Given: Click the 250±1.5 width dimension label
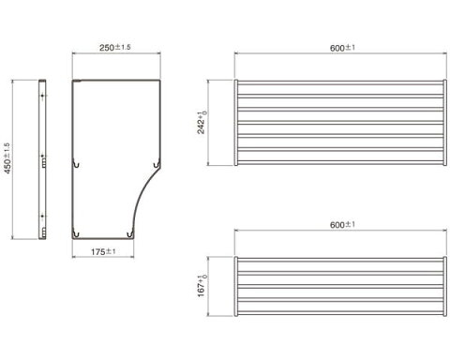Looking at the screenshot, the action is [x=115, y=48].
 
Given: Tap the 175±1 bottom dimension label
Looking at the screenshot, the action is [x=103, y=251].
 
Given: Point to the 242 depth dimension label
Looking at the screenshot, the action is [x=202, y=122].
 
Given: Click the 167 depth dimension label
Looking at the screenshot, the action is [x=202, y=286].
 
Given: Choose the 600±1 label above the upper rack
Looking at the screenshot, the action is [x=342, y=48].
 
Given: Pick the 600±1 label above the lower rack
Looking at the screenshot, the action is [x=342, y=225].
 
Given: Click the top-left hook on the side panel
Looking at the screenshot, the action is [x=76, y=163].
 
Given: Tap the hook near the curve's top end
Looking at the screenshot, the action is [x=157, y=163].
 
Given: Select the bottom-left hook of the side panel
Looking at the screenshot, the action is [x=76, y=233].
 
